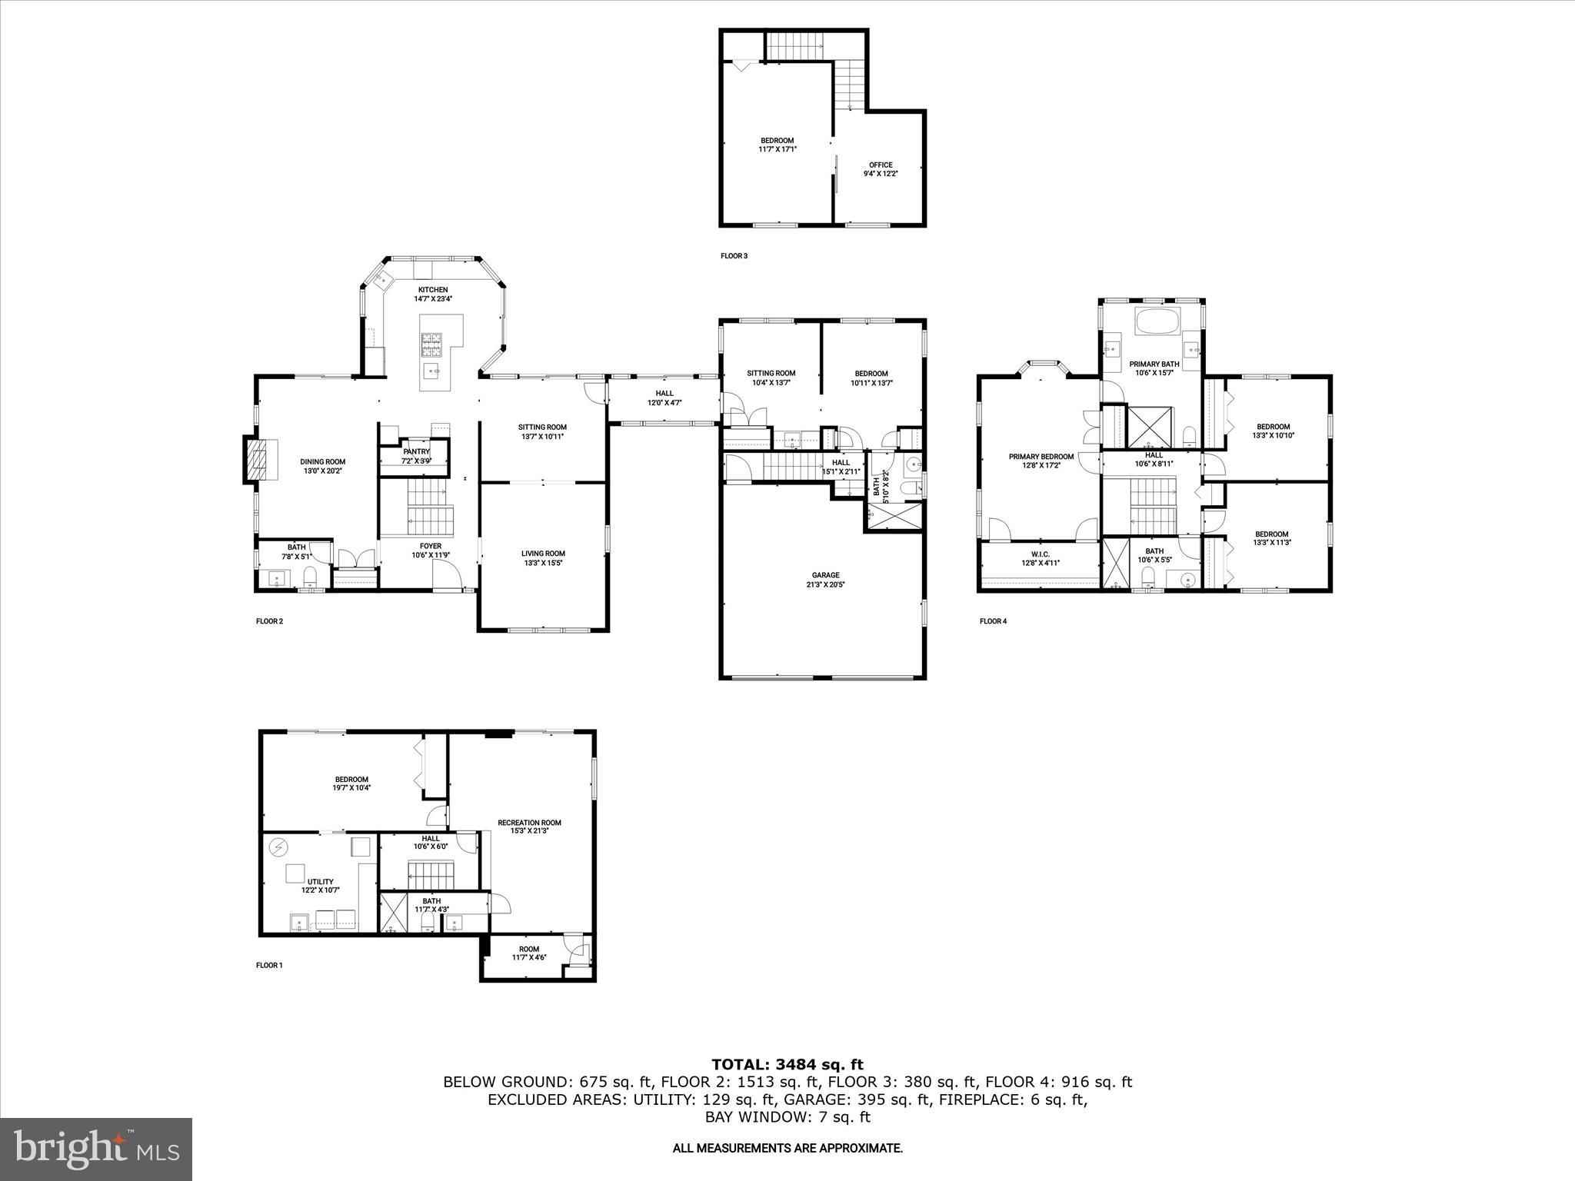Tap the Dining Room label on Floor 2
pos(322,466)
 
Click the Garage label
pos(825,580)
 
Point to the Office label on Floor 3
pos(881,169)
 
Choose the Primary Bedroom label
pos(1041,461)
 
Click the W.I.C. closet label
pos(1040,558)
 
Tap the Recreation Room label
pos(529,827)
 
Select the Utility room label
pos(320,886)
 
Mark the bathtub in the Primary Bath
pos(1157,321)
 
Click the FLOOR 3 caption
pos(733,256)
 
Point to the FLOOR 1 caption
pos(269,965)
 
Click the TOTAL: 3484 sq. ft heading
pos(787,1064)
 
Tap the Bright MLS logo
pos(96,1149)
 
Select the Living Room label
pos(543,557)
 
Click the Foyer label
pos(430,551)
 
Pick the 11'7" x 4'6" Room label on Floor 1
pos(528,953)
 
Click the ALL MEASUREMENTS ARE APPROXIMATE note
pos(787,1148)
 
